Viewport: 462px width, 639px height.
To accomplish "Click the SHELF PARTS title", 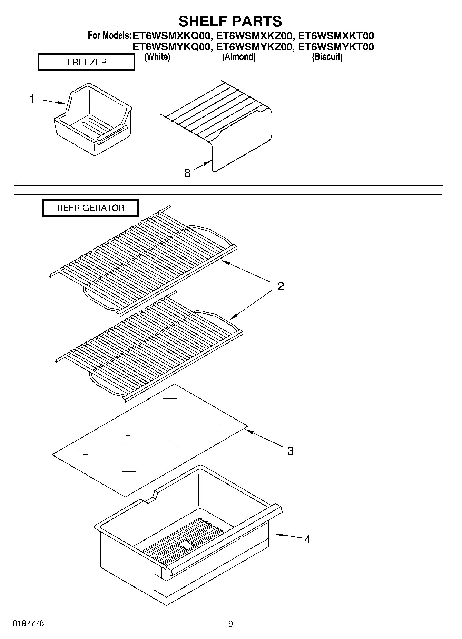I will click(230, 21).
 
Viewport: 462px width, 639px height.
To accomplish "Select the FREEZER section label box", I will click(86, 63).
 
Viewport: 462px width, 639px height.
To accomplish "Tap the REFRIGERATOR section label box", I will click(90, 208).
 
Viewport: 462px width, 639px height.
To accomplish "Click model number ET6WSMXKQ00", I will click(171, 36).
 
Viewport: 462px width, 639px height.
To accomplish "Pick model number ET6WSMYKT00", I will click(336, 47).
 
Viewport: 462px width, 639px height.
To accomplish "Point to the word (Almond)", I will click(238, 57).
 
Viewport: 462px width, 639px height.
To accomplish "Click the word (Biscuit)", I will click(327, 57).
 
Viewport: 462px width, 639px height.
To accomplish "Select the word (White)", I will click(157, 57).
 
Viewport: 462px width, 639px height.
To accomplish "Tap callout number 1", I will click(32, 99).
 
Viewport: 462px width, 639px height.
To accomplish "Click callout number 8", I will click(187, 173).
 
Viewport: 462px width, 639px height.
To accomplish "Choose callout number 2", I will click(281, 286).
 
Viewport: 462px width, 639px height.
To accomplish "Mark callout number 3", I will click(290, 451).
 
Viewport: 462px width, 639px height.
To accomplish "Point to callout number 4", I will click(307, 539).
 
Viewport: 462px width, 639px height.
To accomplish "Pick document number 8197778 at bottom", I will click(28, 623).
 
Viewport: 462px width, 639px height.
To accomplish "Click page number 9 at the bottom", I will click(230, 623).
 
